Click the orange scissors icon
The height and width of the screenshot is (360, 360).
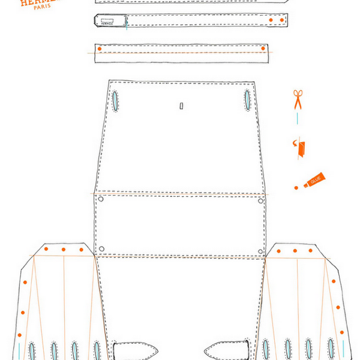pyautogui.click(x=298, y=99)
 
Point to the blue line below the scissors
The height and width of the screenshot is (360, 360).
pyautogui.click(x=298, y=118)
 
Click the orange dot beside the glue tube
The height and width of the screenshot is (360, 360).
pyautogui.click(x=296, y=188)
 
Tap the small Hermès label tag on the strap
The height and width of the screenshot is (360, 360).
pyautogui.click(x=110, y=22)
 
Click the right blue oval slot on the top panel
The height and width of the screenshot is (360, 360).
pyautogui.click(x=247, y=100)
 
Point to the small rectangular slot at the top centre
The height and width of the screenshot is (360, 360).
pyautogui.click(x=181, y=106)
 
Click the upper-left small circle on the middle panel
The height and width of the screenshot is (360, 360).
pyautogui.click(x=101, y=199)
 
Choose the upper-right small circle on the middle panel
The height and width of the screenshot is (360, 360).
pyautogui.click(x=260, y=200)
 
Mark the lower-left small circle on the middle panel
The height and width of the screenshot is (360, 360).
pyautogui.click(x=102, y=248)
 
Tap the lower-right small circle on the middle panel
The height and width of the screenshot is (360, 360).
pyautogui.click(x=262, y=250)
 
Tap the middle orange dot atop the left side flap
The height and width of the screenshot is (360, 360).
pyautogui.click(x=63, y=250)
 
